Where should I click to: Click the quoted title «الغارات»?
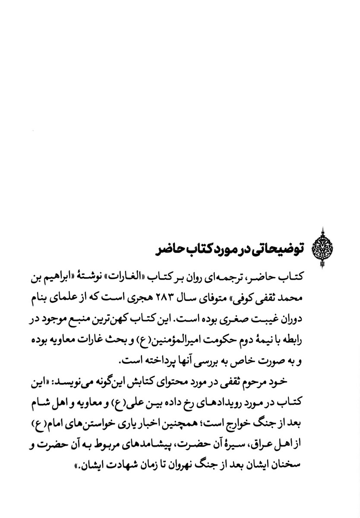point(141,277)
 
